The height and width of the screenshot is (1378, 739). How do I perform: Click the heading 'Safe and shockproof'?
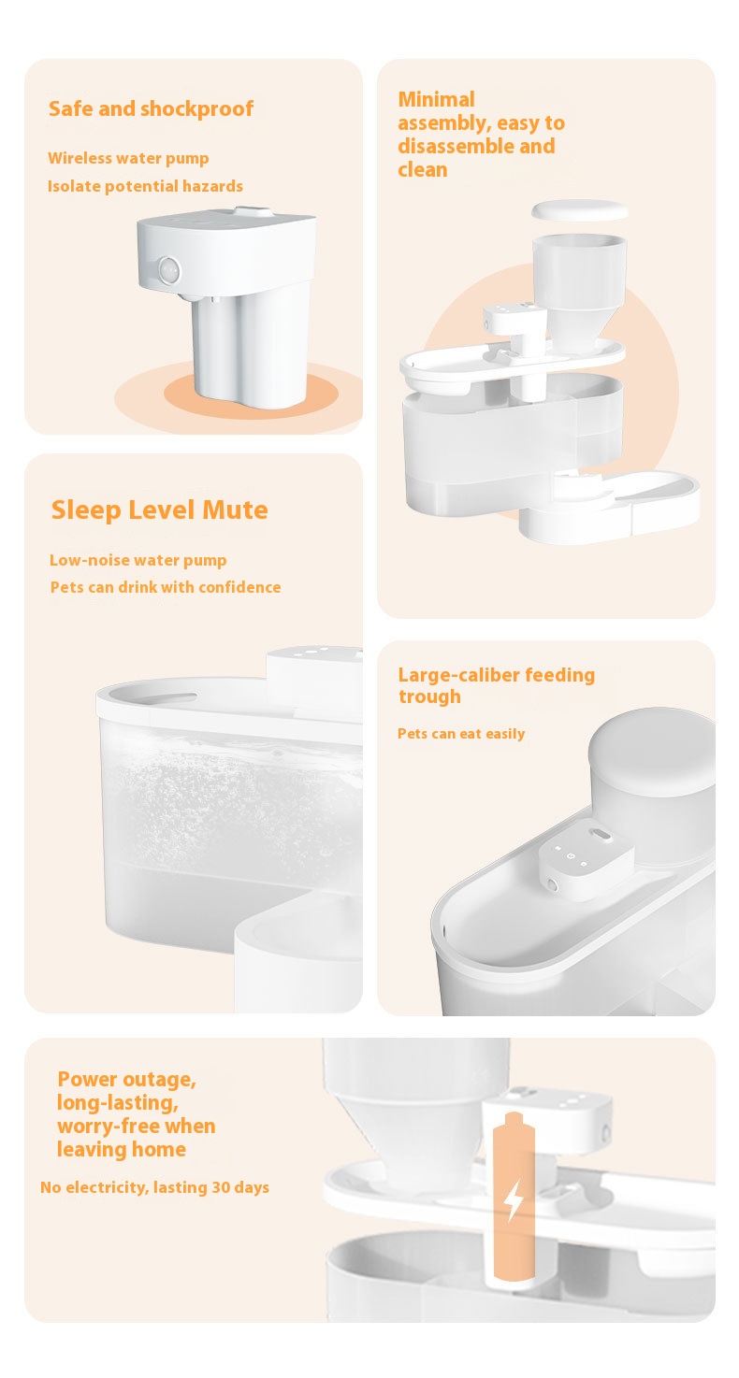click(151, 108)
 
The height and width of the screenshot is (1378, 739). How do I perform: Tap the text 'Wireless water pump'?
click(128, 158)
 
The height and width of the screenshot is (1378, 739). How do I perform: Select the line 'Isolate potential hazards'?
click(145, 186)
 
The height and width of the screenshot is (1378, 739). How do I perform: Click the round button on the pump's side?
click(168, 272)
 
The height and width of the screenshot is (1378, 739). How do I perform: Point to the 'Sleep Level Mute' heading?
click(159, 510)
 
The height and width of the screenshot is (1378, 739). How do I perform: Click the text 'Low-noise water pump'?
click(138, 560)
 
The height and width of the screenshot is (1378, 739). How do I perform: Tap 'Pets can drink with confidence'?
click(165, 587)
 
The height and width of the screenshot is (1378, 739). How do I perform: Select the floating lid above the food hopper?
click(580, 209)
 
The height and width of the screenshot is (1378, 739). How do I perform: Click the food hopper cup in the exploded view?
click(579, 280)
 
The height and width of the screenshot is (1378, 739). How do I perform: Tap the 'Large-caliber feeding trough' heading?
click(496, 685)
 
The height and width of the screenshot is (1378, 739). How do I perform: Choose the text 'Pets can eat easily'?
click(461, 734)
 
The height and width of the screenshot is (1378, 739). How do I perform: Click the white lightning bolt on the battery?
click(514, 1199)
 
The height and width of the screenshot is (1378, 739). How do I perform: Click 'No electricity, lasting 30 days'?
click(154, 1187)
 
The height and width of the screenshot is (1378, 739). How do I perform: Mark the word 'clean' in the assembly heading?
click(422, 169)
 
